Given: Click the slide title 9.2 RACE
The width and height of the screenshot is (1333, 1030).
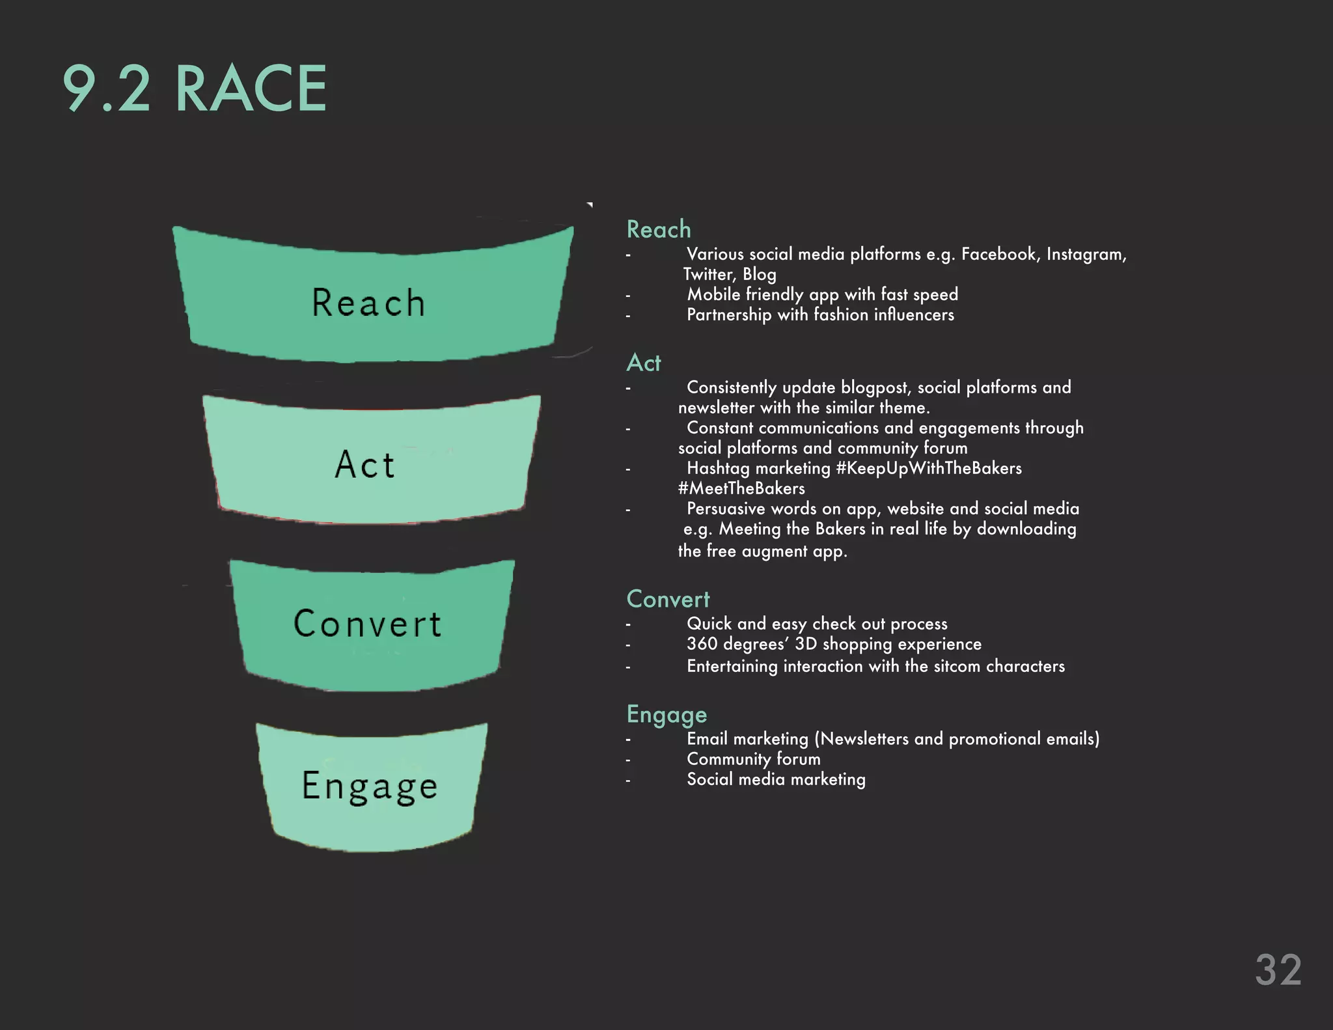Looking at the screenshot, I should tap(195, 89).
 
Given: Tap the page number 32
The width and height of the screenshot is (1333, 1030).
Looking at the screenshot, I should tap(1278, 970).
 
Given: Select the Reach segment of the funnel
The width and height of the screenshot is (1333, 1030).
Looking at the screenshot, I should tap(369, 303).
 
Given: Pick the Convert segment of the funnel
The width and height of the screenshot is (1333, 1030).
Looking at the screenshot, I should tap(368, 624).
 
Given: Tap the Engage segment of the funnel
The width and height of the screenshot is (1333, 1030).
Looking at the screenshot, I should tap(370, 786).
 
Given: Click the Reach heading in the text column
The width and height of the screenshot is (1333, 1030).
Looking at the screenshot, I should tap(658, 229).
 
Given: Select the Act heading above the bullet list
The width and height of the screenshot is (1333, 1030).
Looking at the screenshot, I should tap(643, 363).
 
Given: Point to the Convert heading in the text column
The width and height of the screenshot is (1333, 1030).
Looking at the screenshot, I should tap(668, 599).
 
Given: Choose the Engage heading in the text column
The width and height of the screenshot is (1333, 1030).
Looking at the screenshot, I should tap(666, 715).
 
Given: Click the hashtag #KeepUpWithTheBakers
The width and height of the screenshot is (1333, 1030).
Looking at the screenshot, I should tap(929, 468).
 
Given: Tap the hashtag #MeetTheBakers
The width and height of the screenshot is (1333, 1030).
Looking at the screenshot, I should tap(741, 488).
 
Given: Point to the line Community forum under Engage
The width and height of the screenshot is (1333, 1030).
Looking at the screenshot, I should tap(753, 759).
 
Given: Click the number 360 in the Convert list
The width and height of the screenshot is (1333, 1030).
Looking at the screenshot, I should tap(702, 644).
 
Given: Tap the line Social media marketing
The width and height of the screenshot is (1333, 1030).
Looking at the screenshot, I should tap(776, 779).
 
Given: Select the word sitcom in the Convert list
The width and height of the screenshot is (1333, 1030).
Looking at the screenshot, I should tap(957, 666).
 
